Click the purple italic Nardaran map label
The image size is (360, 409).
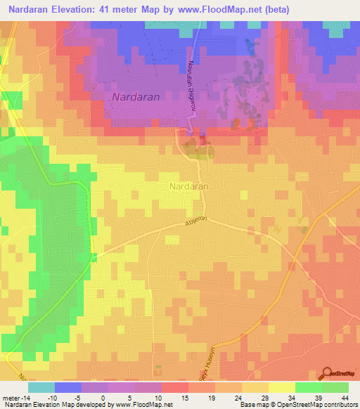tap(136, 96)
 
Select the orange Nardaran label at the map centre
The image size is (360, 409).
tap(187, 187)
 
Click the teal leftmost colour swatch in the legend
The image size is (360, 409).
tap(41, 387)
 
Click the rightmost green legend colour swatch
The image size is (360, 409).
tap(335, 387)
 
